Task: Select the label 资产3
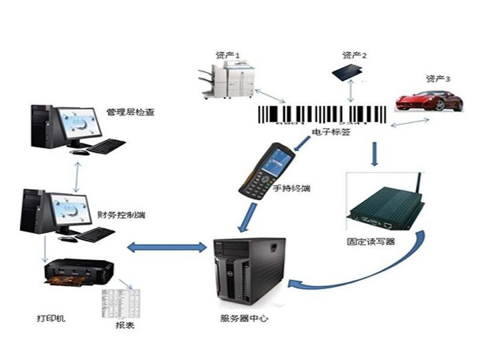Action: tap(438, 79)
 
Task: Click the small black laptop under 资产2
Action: tap(350, 71)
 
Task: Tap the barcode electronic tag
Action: tap(322, 115)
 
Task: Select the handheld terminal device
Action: tap(267, 169)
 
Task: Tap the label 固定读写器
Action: tap(371, 242)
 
